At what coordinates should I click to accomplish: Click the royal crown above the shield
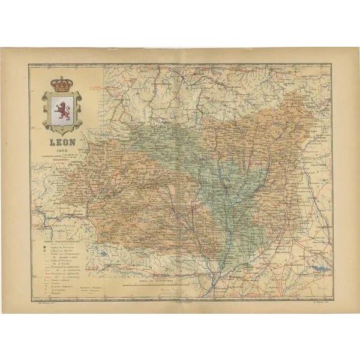click(x=59, y=83)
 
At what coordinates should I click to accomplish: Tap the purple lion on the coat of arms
click(x=59, y=110)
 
